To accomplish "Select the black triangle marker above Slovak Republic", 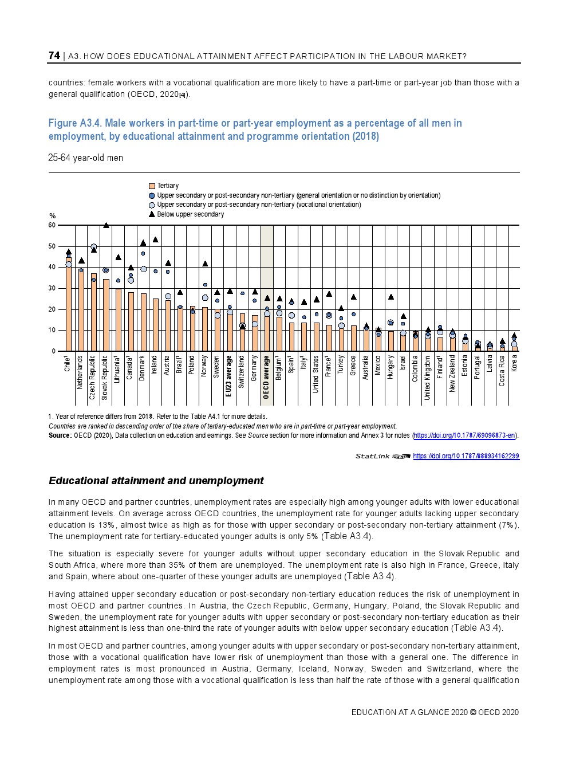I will [x=106, y=225].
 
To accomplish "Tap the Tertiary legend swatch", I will [x=152, y=186].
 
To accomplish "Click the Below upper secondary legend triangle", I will [x=152, y=214].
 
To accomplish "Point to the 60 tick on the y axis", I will [x=52, y=225].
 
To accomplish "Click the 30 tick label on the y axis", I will [x=52, y=288].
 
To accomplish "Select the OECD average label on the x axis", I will [x=266, y=377].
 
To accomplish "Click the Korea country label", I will [x=514, y=363].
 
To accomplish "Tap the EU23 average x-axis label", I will [x=229, y=376].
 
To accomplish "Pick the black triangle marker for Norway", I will [x=205, y=264].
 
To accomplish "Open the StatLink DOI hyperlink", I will [x=466, y=456].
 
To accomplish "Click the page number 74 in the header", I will [x=54, y=56].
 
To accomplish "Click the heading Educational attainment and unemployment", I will [x=156, y=481].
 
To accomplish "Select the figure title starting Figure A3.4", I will [x=255, y=129].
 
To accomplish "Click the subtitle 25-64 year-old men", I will [x=85, y=158].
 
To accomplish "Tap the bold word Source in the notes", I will [x=60, y=435].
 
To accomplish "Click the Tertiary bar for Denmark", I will [x=143, y=323].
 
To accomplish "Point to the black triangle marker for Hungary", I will [x=391, y=297].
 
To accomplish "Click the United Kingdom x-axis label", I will [x=428, y=378].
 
